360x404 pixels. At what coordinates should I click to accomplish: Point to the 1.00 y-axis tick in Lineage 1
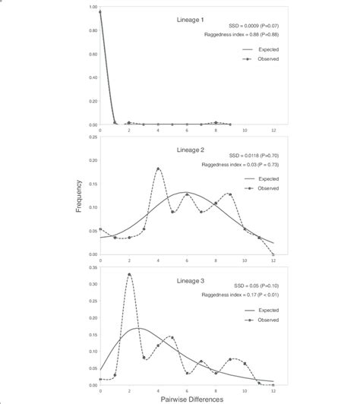92,8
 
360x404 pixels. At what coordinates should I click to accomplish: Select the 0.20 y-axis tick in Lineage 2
92,160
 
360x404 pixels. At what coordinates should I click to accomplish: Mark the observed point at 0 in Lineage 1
100,12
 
